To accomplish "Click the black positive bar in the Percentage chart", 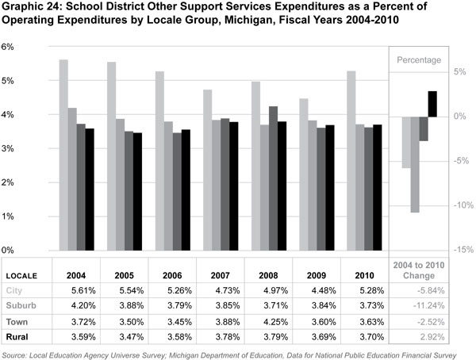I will tap(432, 104).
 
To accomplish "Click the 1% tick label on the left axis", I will tap(10, 216).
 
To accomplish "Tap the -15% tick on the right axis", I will tap(463, 250).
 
